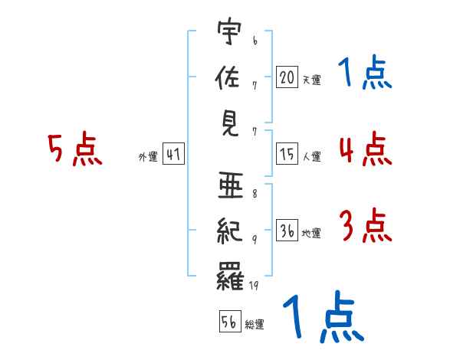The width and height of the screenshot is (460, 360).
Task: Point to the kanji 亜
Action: click(x=230, y=185)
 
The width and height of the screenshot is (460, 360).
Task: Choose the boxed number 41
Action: click(x=173, y=155)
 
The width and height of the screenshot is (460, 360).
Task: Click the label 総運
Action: click(x=255, y=325)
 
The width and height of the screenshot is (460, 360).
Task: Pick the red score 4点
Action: click(x=365, y=149)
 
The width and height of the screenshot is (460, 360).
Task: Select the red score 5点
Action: click(x=75, y=149)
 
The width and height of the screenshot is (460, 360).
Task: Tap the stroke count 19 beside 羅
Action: click(x=254, y=286)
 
